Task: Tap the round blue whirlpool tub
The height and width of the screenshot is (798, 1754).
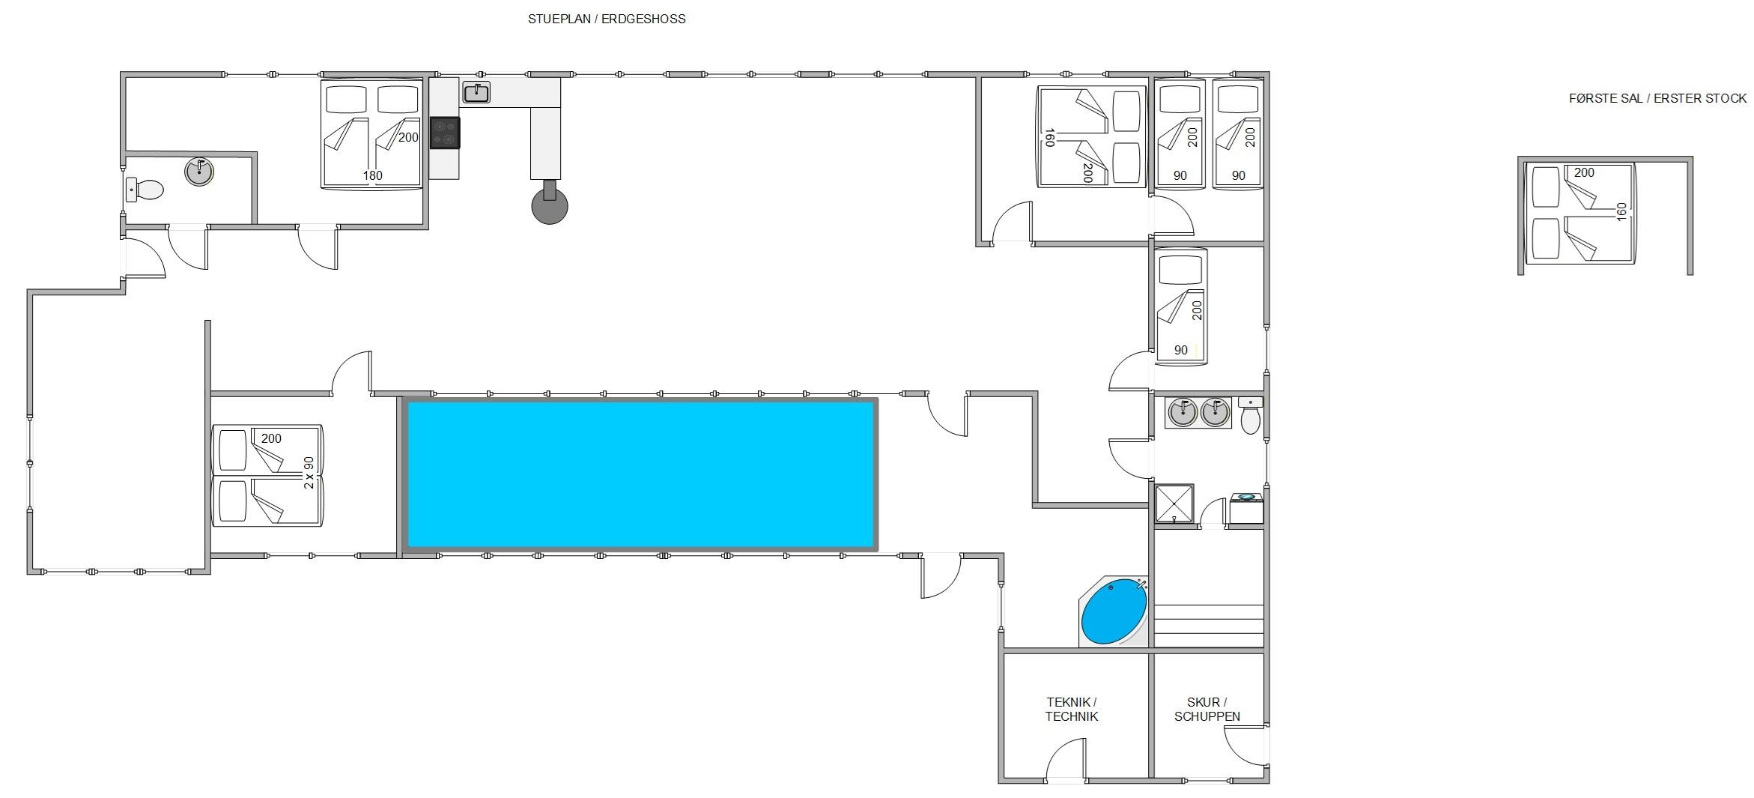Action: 1114,611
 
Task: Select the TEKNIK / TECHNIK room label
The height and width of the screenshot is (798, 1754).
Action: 1072,709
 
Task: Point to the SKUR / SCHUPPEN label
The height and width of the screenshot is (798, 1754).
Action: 1207,709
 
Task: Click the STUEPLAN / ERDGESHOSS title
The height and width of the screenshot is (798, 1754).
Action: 607,19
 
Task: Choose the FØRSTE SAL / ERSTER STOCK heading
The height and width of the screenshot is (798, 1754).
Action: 1657,98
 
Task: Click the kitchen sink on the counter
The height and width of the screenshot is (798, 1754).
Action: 476,93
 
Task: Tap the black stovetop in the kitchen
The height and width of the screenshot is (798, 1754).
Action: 445,133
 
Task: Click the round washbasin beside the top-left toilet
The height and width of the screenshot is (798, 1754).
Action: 199,172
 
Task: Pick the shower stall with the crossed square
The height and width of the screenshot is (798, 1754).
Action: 1174,504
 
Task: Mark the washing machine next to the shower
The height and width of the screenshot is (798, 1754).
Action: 1246,508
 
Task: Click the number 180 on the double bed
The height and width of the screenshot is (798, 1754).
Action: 373,175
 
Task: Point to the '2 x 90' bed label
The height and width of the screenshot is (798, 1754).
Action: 309,473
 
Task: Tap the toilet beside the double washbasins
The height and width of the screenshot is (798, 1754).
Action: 1250,417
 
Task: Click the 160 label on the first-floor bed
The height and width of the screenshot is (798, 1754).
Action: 1622,212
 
